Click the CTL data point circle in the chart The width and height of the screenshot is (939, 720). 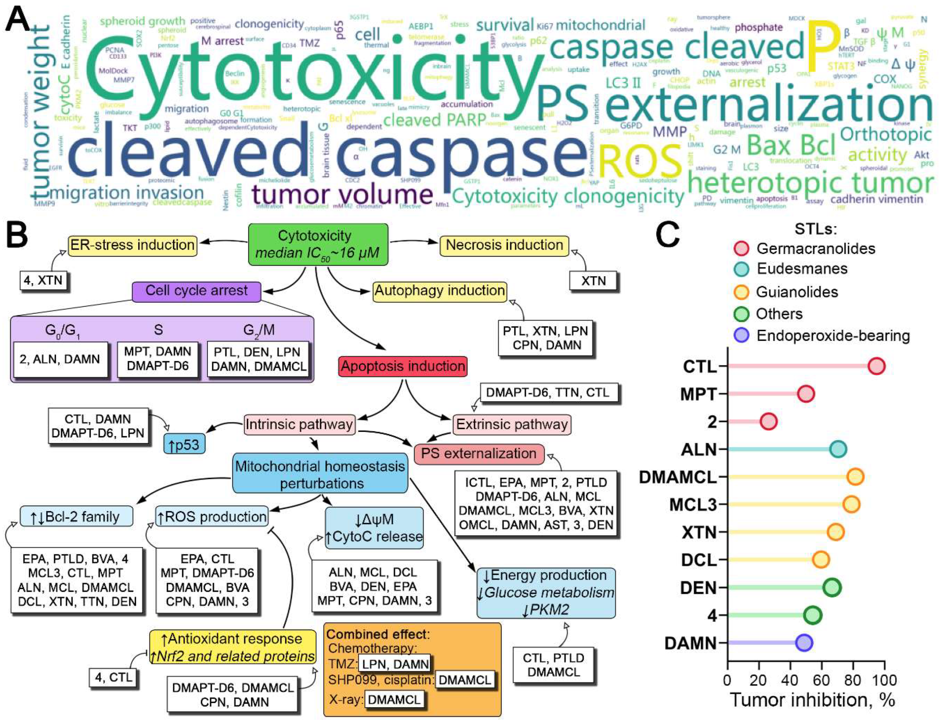coord(876,366)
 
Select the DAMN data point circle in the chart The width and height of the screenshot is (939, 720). coord(803,642)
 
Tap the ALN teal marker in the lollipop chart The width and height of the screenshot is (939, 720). coord(838,449)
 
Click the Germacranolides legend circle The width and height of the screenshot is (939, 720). coord(741,248)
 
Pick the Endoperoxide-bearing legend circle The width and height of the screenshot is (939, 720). coord(741,335)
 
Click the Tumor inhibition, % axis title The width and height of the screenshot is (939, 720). coord(812,700)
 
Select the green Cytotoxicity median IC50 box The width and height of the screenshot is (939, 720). coord(318,244)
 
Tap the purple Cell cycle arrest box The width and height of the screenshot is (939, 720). coord(197,291)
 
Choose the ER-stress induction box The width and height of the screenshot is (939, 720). coord(132,245)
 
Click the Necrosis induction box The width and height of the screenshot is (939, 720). coord(504,245)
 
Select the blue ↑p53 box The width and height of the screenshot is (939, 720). coord(185,445)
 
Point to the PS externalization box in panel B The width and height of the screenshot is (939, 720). coord(479,453)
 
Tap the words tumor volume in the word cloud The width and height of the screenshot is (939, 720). coord(342,195)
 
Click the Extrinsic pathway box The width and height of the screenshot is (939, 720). coord(511,424)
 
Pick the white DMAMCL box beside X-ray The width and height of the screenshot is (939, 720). coord(394,700)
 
